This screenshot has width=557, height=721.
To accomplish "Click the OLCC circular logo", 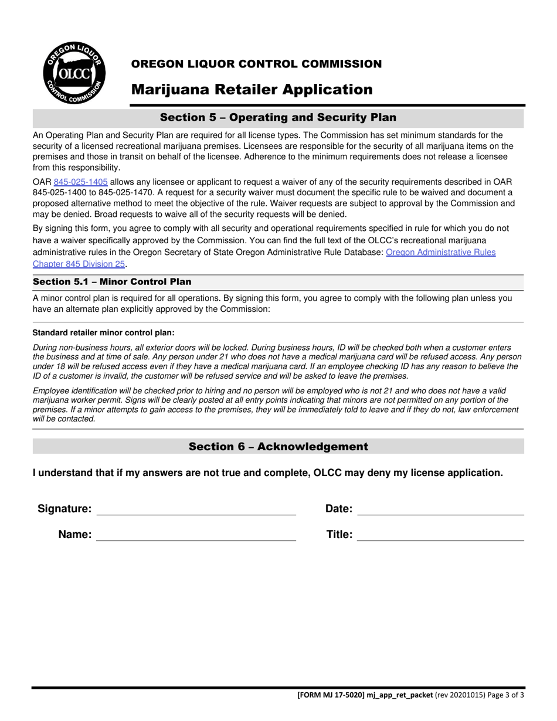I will click(x=73, y=73).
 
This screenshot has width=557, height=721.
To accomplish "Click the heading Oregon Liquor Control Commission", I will click(x=256, y=64).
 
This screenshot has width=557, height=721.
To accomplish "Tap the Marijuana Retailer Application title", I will click(x=252, y=90).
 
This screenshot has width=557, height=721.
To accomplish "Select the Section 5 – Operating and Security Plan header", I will click(x=278, y=118).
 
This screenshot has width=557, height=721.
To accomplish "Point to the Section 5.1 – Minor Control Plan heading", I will click(x=112, y=282).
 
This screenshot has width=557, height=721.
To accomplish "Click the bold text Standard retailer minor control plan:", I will click(x=103, y=332).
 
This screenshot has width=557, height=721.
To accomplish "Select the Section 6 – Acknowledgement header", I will click(x=278, y=447).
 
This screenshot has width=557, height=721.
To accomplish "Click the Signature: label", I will click(x=64, y=509).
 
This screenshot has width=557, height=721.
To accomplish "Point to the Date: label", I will click(x=338, y=509).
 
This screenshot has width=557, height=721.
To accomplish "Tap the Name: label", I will click(x=74, y=535).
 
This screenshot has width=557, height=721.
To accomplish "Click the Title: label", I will click(x=339, y=535).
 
